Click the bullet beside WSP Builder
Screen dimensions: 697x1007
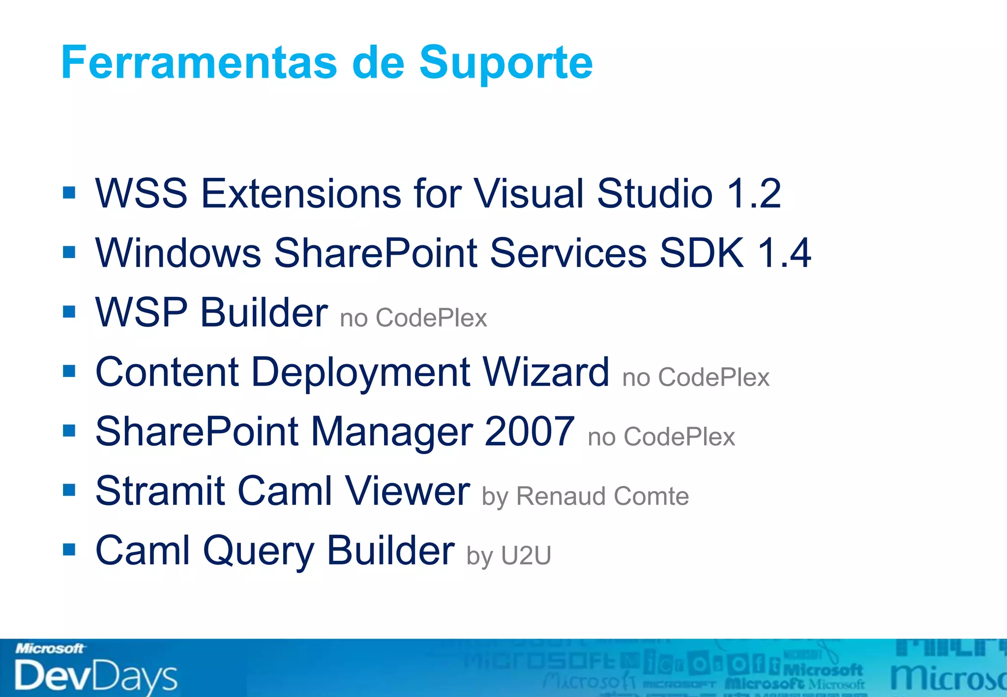point(69,312)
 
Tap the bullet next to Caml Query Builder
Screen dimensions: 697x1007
point(69,550)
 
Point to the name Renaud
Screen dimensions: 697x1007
point(561,496)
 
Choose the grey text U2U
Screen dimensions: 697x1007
point(526,556)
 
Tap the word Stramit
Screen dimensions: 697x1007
point(160,491)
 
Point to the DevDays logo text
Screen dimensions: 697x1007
point(96,675)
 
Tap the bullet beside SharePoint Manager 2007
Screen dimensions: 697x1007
point(69,431)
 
